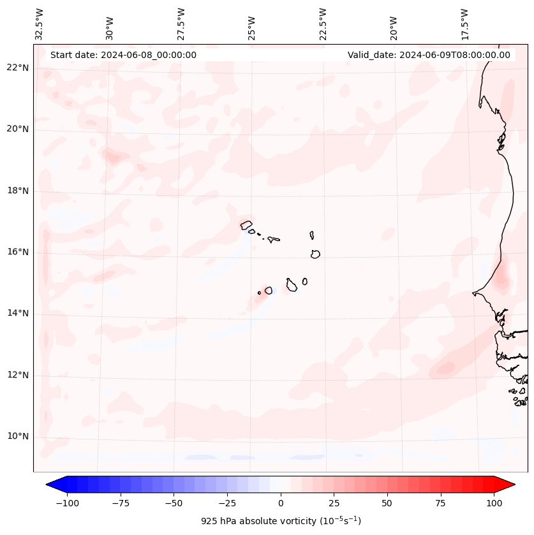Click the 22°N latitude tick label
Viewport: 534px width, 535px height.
(18, 68)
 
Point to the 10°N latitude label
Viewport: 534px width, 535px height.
(18, 437)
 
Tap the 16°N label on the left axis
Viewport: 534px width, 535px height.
(18, 253)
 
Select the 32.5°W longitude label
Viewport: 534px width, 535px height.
(40, 24)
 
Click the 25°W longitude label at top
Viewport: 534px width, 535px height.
(252, 25)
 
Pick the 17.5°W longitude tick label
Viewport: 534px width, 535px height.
(464, 24)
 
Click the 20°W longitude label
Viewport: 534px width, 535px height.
(394, 25)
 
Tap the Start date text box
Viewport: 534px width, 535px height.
(123, 55)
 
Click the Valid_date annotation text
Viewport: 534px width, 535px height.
(429, 55)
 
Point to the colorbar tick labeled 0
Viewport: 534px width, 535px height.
(281, 503)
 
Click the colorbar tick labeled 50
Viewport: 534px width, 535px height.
(387, 503)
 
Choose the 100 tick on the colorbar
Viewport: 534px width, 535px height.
(494, 503)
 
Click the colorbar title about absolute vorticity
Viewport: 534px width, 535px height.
(281, 521)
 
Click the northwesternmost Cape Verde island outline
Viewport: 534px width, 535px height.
(246, 224)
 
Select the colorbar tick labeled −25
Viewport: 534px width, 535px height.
(227, 503)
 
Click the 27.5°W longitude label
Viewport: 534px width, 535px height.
(181, 24)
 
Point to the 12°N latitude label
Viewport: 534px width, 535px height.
(18, 376)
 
